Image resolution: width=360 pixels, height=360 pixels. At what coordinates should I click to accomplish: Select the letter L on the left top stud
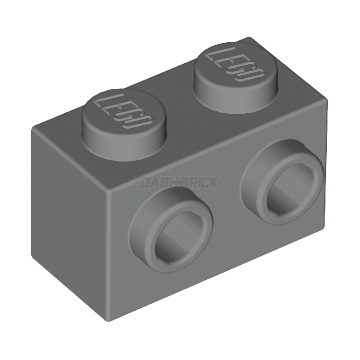tap(103, 100)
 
